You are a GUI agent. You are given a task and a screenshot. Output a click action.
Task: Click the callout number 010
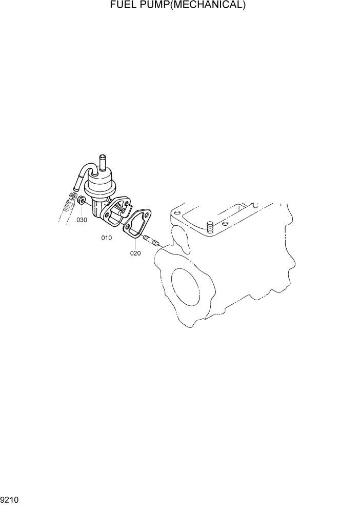[x=106, y=238]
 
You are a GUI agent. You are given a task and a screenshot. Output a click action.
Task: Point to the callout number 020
[x=135, y=253]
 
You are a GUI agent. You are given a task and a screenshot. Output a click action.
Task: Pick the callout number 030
[x=82, y=220]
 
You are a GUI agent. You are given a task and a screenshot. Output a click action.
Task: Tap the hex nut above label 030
[x=81, y=200]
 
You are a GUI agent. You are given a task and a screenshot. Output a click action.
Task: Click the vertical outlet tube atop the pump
[x=103, y=163]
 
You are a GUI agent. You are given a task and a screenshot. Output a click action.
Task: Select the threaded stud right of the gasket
[x=152, y=240]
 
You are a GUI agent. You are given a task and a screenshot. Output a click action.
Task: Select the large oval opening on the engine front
[x=189, y=287]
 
